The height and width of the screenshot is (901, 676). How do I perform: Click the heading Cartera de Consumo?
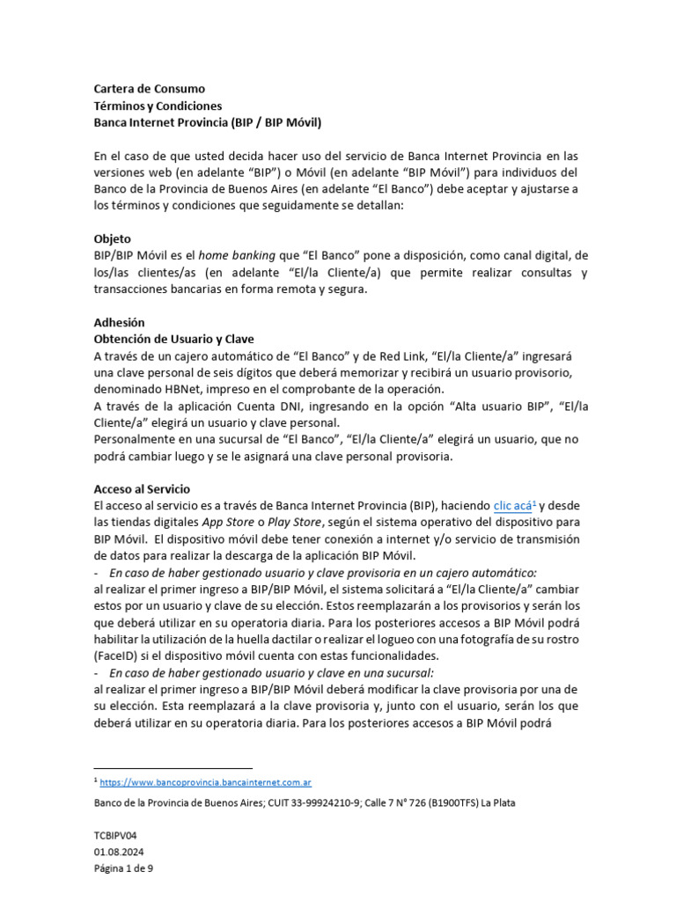click(x=149, y=89)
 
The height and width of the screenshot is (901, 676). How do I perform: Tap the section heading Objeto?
click(x=113, y=238)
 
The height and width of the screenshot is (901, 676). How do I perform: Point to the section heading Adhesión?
click(x=119, y=322)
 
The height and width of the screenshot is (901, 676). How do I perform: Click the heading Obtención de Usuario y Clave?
click(x=174, y=339)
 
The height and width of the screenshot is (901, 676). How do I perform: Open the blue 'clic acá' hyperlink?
click(x=512, y=506)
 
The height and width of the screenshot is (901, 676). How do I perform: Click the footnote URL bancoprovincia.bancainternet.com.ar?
click(x=205, y=781)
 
